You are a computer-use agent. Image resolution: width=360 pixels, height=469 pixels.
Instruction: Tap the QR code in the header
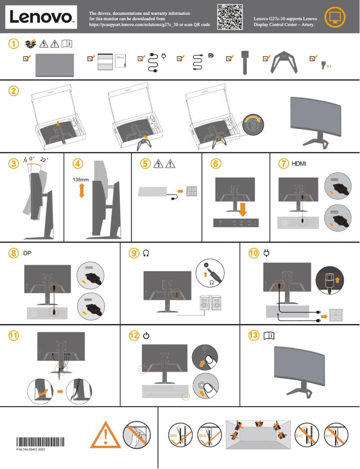click(x=229, y=17)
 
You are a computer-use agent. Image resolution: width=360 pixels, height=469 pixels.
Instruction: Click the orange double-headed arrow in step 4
click(x=81, y=191)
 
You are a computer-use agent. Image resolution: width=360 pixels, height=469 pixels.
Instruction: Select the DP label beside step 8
click(x=27, y=253)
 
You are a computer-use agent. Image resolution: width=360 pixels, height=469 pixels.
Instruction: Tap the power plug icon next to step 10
click(x=266, y=254)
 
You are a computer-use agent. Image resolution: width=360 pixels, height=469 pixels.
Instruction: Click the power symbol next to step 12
click(x=146, y=336)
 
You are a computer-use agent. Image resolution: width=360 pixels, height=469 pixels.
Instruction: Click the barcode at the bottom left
click(x=40, y=441)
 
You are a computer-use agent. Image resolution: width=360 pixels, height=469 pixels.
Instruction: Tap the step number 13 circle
click(x=254, y=336)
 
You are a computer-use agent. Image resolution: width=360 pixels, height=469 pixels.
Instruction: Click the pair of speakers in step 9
click(x=210, y=303)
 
